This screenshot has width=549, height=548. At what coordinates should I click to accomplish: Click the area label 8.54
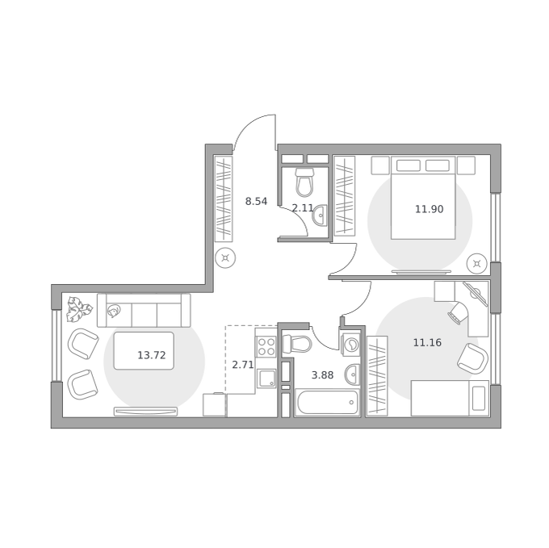(256, 202)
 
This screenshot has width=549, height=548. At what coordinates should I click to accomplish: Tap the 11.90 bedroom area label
(429, 209)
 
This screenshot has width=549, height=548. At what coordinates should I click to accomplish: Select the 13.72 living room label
(151, 356)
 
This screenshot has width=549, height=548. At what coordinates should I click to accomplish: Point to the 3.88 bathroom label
(322, 375)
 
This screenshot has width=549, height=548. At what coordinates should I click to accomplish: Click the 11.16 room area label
(427, 342)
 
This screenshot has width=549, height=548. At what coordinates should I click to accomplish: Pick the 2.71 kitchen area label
(243, 365)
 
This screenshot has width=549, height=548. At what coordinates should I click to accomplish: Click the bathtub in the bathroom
(327, 403)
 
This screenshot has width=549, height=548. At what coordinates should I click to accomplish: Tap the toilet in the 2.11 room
(304, 182)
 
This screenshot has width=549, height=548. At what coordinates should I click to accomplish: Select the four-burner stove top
(266, 346)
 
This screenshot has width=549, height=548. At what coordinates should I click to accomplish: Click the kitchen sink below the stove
(266, 379)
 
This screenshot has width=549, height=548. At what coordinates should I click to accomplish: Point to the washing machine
(350, 345)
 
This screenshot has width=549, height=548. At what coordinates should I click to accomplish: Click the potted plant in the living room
(79, 309)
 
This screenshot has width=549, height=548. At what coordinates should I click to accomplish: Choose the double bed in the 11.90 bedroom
(423, 198)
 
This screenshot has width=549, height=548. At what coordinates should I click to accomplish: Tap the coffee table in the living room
(144, 351)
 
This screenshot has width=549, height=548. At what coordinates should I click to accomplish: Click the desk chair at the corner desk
(458, 312)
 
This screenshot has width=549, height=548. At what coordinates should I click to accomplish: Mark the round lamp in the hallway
(225, 258)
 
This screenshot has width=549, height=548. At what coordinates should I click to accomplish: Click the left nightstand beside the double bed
(380, 165)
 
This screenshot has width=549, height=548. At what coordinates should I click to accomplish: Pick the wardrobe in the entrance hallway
(224, 199)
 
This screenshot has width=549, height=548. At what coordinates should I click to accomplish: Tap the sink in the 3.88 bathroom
(352, 374)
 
